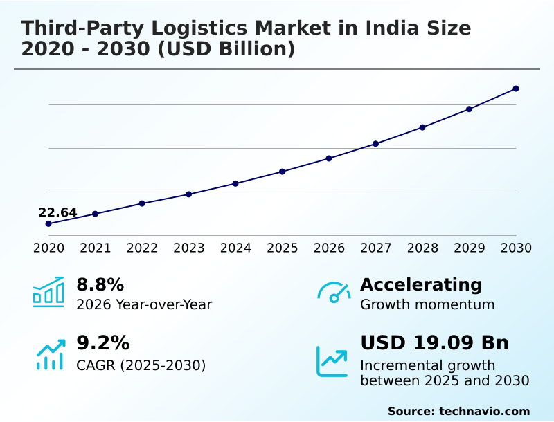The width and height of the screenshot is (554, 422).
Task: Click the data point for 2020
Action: (48, 223)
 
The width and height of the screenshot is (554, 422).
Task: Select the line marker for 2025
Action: (282, 172)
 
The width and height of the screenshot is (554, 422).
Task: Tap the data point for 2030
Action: (516, 89)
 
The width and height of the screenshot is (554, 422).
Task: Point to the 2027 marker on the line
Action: (375, 144)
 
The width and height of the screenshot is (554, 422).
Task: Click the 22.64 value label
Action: (57, 212)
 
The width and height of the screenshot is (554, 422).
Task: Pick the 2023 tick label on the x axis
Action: (188, 248)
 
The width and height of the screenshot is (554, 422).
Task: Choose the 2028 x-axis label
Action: (422, 248)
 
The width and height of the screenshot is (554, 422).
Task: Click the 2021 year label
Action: (95, 248)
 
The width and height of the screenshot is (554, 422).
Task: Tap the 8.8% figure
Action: (100, 284)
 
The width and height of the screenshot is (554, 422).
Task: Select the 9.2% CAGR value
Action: (102, 343)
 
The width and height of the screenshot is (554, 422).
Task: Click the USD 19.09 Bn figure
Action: (434, 343)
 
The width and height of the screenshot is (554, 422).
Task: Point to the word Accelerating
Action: (421, 284)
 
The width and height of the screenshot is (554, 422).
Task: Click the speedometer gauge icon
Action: (334, 293)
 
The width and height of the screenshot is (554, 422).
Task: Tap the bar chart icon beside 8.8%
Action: (48, 292)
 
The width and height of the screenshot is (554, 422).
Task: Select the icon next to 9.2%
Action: (50, 354)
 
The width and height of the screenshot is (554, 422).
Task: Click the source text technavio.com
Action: (484, 411)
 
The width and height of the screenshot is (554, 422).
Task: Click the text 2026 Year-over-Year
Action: (144, 304)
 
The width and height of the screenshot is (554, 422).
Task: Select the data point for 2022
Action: (142, 203)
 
